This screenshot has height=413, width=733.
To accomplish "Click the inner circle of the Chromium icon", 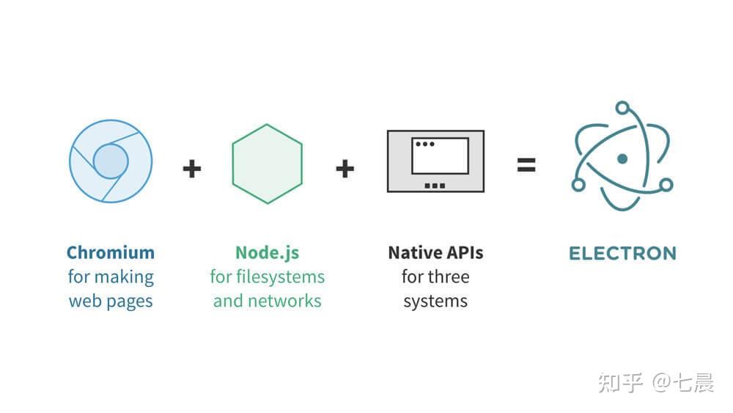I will [111, 161].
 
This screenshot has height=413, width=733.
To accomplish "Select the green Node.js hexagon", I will [267, 164].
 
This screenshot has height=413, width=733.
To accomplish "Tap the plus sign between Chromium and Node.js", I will [191, 169].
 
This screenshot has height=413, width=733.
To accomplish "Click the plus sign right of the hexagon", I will [345, 169].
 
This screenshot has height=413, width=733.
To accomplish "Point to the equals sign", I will [526, 165].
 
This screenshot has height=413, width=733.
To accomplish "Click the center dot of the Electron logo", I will [622, 158].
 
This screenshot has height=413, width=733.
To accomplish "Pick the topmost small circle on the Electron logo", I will [622, 109].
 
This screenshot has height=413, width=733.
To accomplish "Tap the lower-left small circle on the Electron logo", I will [578, 185].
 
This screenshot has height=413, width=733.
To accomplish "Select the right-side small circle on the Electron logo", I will [666, 184].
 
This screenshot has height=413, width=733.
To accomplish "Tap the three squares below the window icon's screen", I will [435, 186].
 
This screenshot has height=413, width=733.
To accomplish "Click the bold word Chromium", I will [110, 253].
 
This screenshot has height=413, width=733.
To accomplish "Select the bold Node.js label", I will [267, 253].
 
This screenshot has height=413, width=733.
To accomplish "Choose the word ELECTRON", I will [622, 254].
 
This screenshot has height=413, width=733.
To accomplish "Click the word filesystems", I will [282, 277].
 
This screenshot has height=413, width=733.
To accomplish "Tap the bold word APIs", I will [464, 253].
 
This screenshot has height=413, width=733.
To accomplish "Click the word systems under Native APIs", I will [435, 301].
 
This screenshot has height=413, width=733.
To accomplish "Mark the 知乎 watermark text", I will [620, 382].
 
